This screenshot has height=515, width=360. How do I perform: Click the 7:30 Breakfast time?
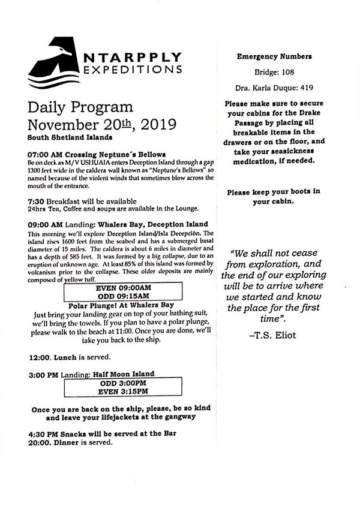35,201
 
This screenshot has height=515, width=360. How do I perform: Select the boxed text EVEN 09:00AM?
123,288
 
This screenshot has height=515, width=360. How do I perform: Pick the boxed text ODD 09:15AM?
123,296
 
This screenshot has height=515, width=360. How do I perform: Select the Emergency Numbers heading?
274,57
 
